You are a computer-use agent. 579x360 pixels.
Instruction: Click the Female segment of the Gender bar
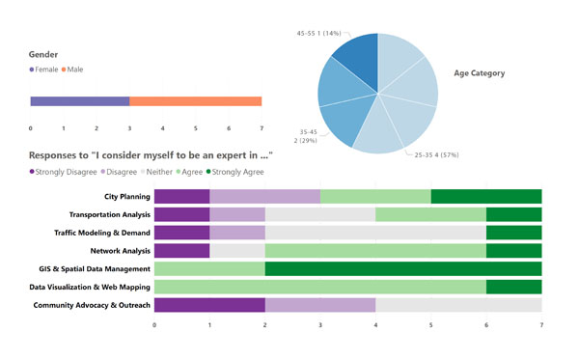(x=79, y=101)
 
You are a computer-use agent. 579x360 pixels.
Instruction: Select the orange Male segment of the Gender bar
(x=195, y=101)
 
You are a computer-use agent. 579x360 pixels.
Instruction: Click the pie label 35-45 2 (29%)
(x=310, y=136)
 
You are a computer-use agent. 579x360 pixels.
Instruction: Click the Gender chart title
(x=44, y=55)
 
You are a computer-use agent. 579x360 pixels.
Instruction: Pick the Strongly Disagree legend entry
(x=66, y=171)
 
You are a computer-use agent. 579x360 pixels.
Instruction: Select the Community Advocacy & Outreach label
(x=92, y=305)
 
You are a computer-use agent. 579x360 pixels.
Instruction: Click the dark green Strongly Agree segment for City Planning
(x=485, y=196)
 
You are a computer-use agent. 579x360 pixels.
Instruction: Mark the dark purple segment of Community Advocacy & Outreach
(x=209, y=305)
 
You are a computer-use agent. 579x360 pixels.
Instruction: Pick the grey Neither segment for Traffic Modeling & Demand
(x=375, y=233)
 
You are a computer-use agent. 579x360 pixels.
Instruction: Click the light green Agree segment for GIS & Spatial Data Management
(x=209, y=269)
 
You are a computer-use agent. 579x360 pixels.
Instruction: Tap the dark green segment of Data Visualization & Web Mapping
(x=513, y=287)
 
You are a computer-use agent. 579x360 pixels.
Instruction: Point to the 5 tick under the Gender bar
(x=196, y=127)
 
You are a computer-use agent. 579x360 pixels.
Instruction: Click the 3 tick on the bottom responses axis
(x=320, y=325)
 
